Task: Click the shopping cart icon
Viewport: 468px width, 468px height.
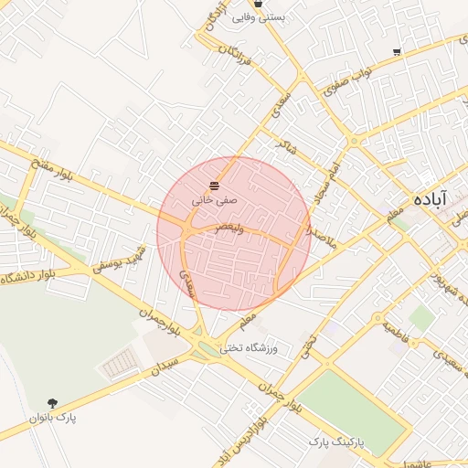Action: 396,52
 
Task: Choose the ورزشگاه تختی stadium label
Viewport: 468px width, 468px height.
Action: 261,348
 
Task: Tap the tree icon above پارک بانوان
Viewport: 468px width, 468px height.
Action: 52,403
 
